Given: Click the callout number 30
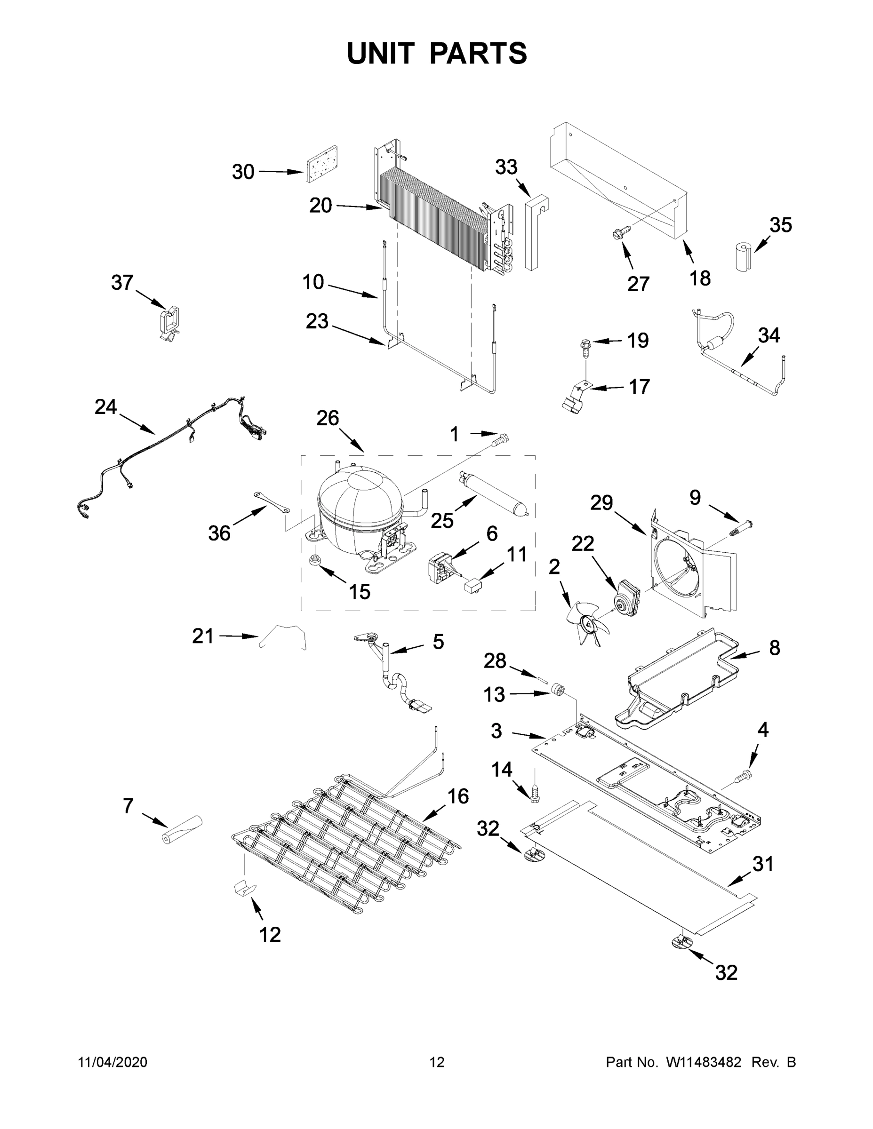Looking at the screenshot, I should pos(242,172).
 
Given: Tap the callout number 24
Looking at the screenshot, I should pos(105,407).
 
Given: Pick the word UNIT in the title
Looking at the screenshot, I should pos(381,53).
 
